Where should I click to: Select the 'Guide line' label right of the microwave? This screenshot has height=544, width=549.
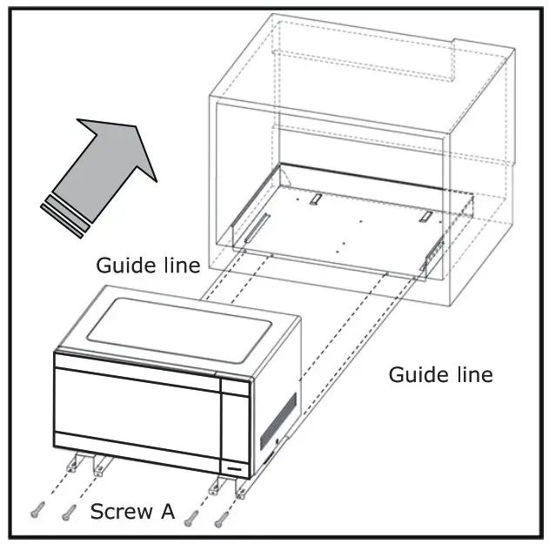click(x=440, y=374)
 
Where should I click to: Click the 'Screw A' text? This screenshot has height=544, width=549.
click(x=132, y=512)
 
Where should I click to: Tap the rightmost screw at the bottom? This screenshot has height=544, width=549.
click(x=223, y=520)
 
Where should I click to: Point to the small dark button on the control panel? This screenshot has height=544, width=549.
click(x=232, y=467)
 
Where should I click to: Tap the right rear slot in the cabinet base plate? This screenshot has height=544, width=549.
click(x=425, y=216)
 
